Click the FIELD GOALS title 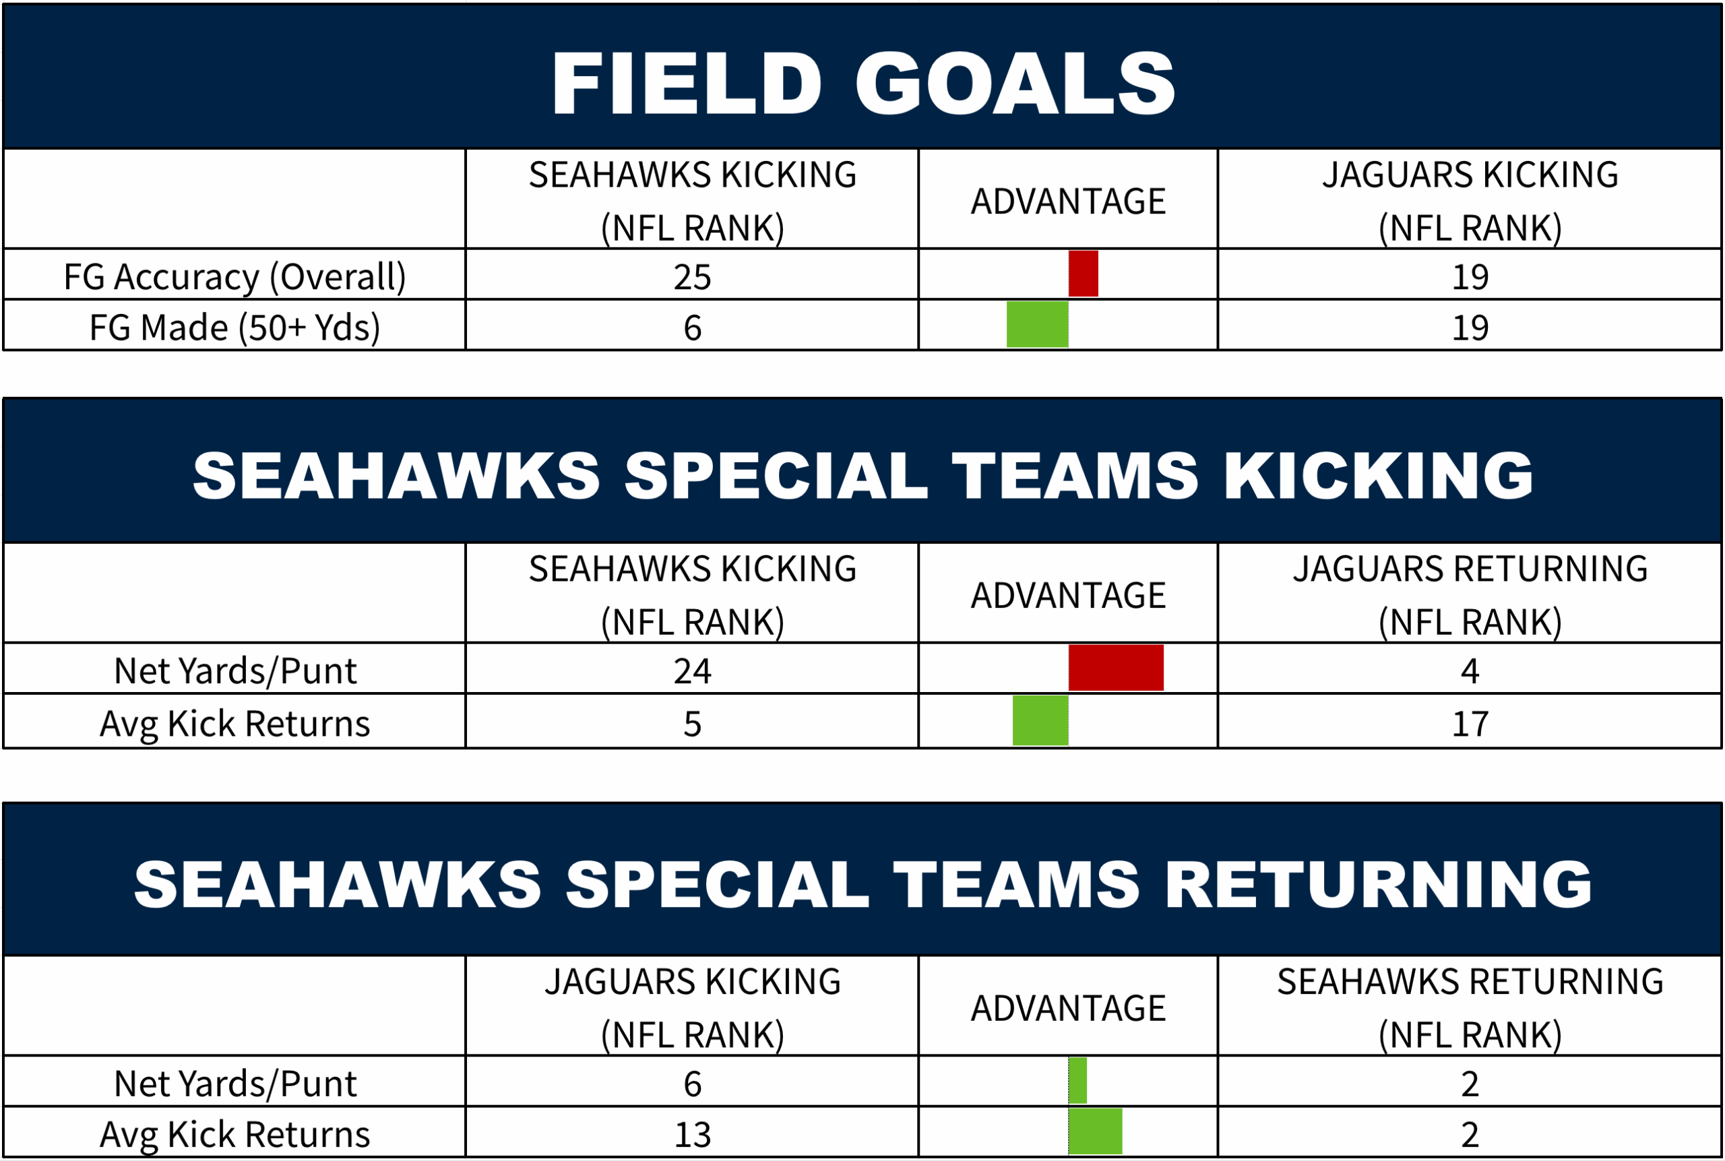[863, 83]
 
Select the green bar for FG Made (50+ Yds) [1037, 324]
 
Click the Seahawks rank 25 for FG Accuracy [692, 277]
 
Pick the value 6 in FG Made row [692, 327]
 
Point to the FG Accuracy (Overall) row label [234, 278]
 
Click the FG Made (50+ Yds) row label [234, 328]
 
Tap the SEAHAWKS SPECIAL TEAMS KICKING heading [863, 475]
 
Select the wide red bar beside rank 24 [1116, 668]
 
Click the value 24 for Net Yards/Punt [692, 671]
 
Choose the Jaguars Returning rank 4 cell [1470, 671]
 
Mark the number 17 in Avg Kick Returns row [1470, 724]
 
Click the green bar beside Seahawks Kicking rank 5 [1040, 720]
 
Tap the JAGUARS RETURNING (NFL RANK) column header [1470, 595]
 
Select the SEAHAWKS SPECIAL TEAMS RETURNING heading [863, 884]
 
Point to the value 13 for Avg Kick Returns [692, 1134]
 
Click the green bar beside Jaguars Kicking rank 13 [1095, 1131]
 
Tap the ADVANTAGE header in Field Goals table [1068, 201]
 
